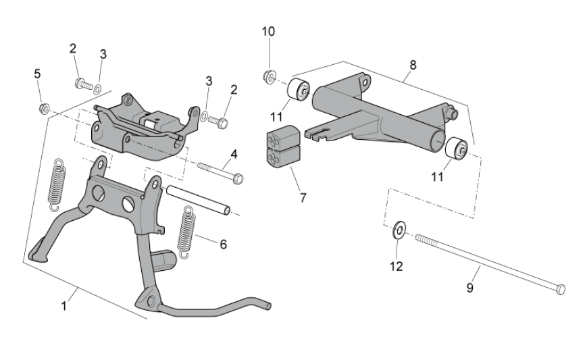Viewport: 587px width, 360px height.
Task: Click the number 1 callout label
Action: (x=64, y=305)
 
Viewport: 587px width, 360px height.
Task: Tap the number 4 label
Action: (x=233, y=154)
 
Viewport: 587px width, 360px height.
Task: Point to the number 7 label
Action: (x=303, y=198)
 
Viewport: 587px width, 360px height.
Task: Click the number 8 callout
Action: (x=413, y=65)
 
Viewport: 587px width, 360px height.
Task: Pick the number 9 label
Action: (x=470, y=287)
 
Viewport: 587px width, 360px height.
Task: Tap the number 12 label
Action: (x=396, y=266)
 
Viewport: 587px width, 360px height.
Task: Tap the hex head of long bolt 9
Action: (x=559, y=289)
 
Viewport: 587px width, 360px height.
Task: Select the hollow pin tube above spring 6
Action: (x=200, y=201)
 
